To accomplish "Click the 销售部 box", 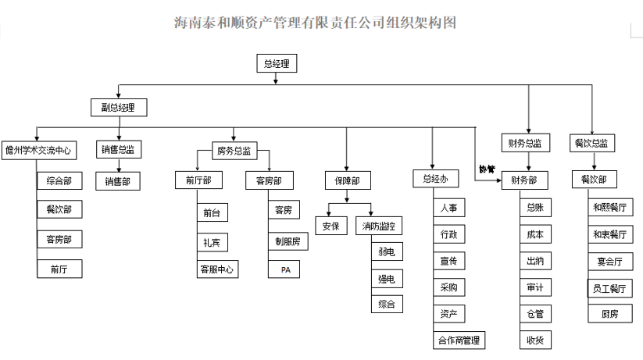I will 118,181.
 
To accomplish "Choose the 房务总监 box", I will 233,150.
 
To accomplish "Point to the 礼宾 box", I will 211,241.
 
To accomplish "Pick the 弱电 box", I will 387,252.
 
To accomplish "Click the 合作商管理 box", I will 458,340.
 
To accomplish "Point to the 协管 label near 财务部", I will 487,169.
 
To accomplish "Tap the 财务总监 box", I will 526,143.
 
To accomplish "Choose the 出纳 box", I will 535,261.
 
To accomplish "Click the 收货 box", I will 535,340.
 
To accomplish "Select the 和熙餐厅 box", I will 610,207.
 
